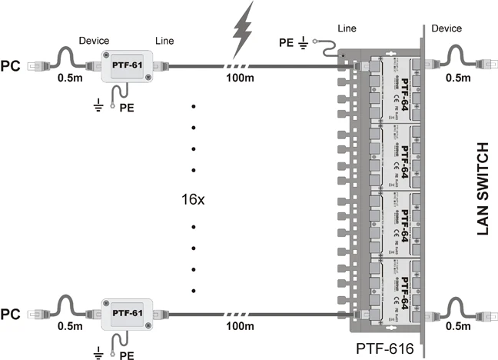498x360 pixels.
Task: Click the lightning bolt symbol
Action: coord(241,28)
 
